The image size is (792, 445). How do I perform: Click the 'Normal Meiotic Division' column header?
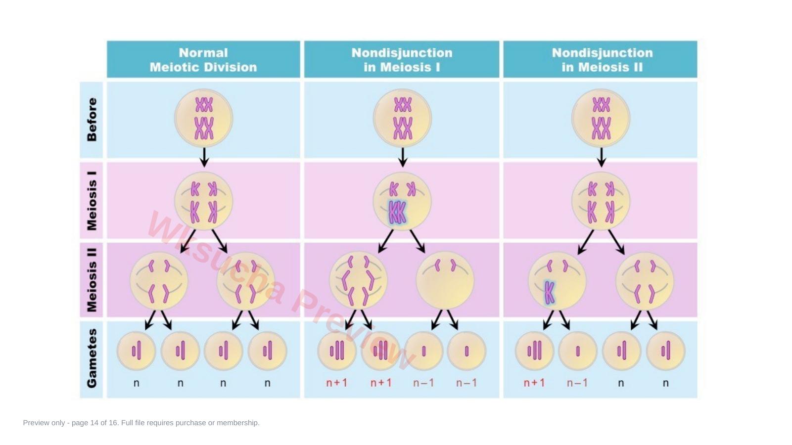[203, 60]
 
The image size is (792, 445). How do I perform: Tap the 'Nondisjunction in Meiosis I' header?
[402, 60]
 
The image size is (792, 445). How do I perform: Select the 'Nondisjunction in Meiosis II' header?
[602, 60]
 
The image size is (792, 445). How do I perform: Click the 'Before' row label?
[92, 120]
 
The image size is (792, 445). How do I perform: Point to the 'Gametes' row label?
[92, 358]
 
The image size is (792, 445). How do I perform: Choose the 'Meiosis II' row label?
[92, 279]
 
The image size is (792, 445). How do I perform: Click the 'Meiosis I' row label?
[92, 201]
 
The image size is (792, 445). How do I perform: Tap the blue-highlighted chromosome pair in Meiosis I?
[397, 213]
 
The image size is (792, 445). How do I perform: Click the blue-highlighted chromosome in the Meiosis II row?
[549, 293]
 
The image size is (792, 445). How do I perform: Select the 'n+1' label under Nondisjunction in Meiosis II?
[534, 383]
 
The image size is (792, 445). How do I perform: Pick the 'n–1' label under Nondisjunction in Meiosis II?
[577, 383]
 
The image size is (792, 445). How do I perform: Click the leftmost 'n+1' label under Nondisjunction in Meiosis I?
[336, 383]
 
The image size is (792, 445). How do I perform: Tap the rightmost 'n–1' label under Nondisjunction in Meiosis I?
[466, 383]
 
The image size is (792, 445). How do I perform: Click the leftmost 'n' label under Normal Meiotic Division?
[137, 383]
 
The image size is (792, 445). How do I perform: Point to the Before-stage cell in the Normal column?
[204, 118]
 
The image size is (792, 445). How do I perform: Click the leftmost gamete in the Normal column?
[137, 351]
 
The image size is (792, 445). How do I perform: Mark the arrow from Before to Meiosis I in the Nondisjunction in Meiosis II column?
[602, 157]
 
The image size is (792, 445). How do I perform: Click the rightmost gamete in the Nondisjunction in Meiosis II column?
[666, 351]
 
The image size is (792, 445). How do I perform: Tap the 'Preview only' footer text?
[141, 423]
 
